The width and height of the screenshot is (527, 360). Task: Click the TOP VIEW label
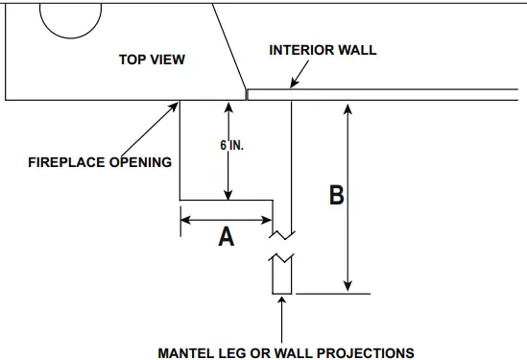click(x=152, y=60)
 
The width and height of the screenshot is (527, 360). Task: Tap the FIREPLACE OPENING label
click(x=100, y=161)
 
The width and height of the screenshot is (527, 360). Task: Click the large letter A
click(x=227, y=235)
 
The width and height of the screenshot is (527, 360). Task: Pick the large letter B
click(x=336, y=196)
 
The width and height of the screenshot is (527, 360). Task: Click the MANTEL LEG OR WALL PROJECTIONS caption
click(x=286, y=352)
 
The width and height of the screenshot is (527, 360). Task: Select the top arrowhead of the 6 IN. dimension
click(x=228, y=108)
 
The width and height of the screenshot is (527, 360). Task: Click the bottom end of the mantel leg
click(x=281, y=292)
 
